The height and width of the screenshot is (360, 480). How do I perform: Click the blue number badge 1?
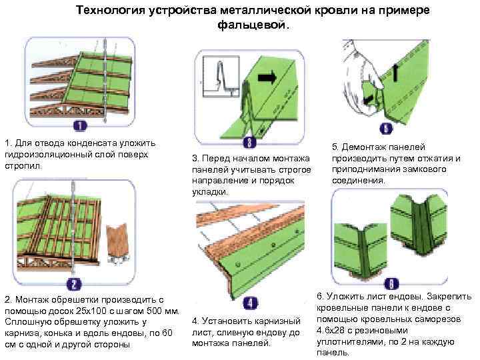[79, 125]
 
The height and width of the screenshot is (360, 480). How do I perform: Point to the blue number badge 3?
[249, 142]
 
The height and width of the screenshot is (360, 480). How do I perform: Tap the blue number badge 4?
[247, 301]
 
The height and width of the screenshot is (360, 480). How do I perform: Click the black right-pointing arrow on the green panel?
[266, 78]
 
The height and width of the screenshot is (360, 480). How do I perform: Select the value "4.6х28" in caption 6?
[331, 331]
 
